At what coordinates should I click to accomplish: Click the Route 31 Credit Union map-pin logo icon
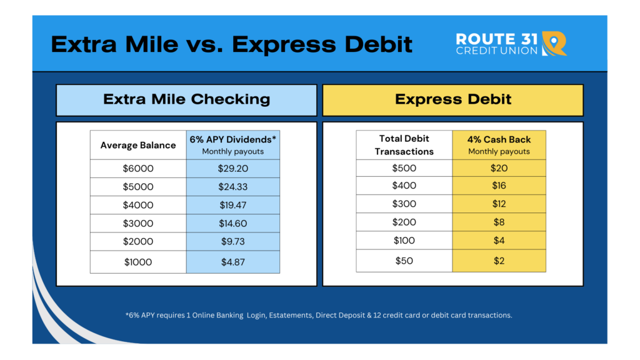click(554, 43)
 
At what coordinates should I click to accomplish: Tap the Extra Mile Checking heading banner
click(186, 100)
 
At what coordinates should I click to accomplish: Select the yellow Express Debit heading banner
click(453, 100)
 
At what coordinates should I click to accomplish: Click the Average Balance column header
click(138, 145)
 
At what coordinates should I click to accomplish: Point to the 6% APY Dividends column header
click(233, 145)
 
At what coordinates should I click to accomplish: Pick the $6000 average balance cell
click(138, 169)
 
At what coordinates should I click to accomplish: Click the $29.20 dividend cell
click(233, 169)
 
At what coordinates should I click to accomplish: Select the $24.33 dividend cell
click(233, 187)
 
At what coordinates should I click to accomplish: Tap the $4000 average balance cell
click(138, 205)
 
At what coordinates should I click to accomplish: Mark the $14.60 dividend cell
click(233, 223)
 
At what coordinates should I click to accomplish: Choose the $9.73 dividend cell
click(233, 242)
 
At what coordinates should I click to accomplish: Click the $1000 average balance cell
click(138, 262)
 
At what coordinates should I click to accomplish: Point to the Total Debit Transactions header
click(404, 145)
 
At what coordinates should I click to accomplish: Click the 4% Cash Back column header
click(499, 145)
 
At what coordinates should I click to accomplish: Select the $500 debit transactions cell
click(404, 168)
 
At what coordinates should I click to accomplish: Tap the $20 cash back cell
click(499, 168)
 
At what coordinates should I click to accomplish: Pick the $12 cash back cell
click(499, 204)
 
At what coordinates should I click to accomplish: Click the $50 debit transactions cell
click(404, 261)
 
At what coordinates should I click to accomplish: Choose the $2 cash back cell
click(499, 261)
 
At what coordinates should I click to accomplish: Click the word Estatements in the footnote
click(290, 315)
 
